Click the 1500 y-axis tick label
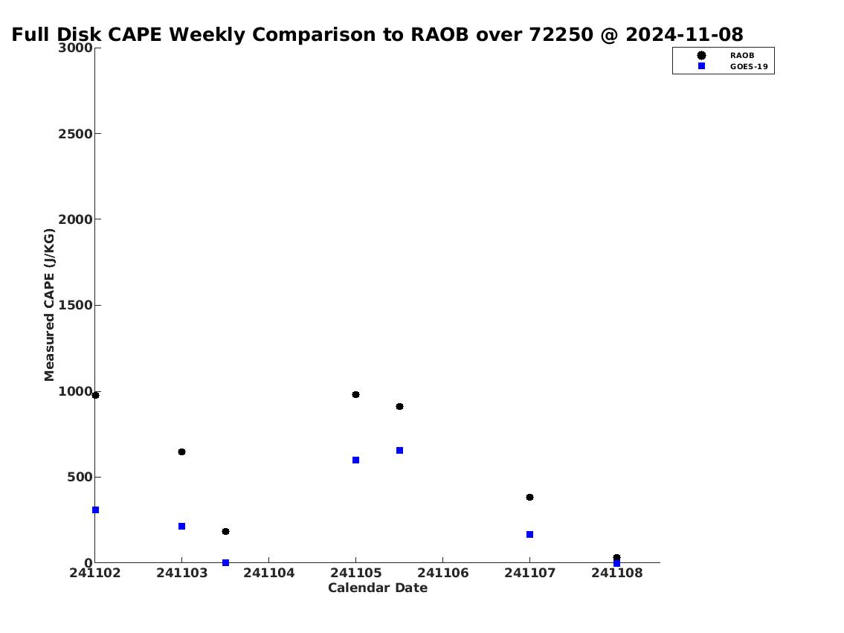pyautogui.click(x=75, y=305)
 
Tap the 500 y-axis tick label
pyautogui.click(x=80, y=477)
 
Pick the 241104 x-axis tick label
pyautogui.click(x=269, y=573)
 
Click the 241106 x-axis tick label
pyautogui.click(x=443, y=573)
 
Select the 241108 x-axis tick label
pyautogui.click(x=617, y=573)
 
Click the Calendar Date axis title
pyautogui.click(x=378, y=588)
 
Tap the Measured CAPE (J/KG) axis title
pyautogui.click(x=49, y=305)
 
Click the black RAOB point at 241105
pyautogui.click(x=355, y=394)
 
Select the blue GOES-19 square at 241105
pyautogui.click(x=355, y=460)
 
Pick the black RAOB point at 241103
pyautogui.click(x=182, y=452)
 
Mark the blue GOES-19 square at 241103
pyautogui.click(x=182, y=527)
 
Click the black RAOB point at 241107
pyautogui.click(x=529, y=498)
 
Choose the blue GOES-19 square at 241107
pyautogui.click(x=529, y=535)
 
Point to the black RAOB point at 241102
pyautogui.click(x=96, y=395)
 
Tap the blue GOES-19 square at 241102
pyautogui.click(x=96, y=510)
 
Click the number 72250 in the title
pyautogui.click(x=561, y=34)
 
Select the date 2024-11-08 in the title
pyautogui.click(x=684, y=34)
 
